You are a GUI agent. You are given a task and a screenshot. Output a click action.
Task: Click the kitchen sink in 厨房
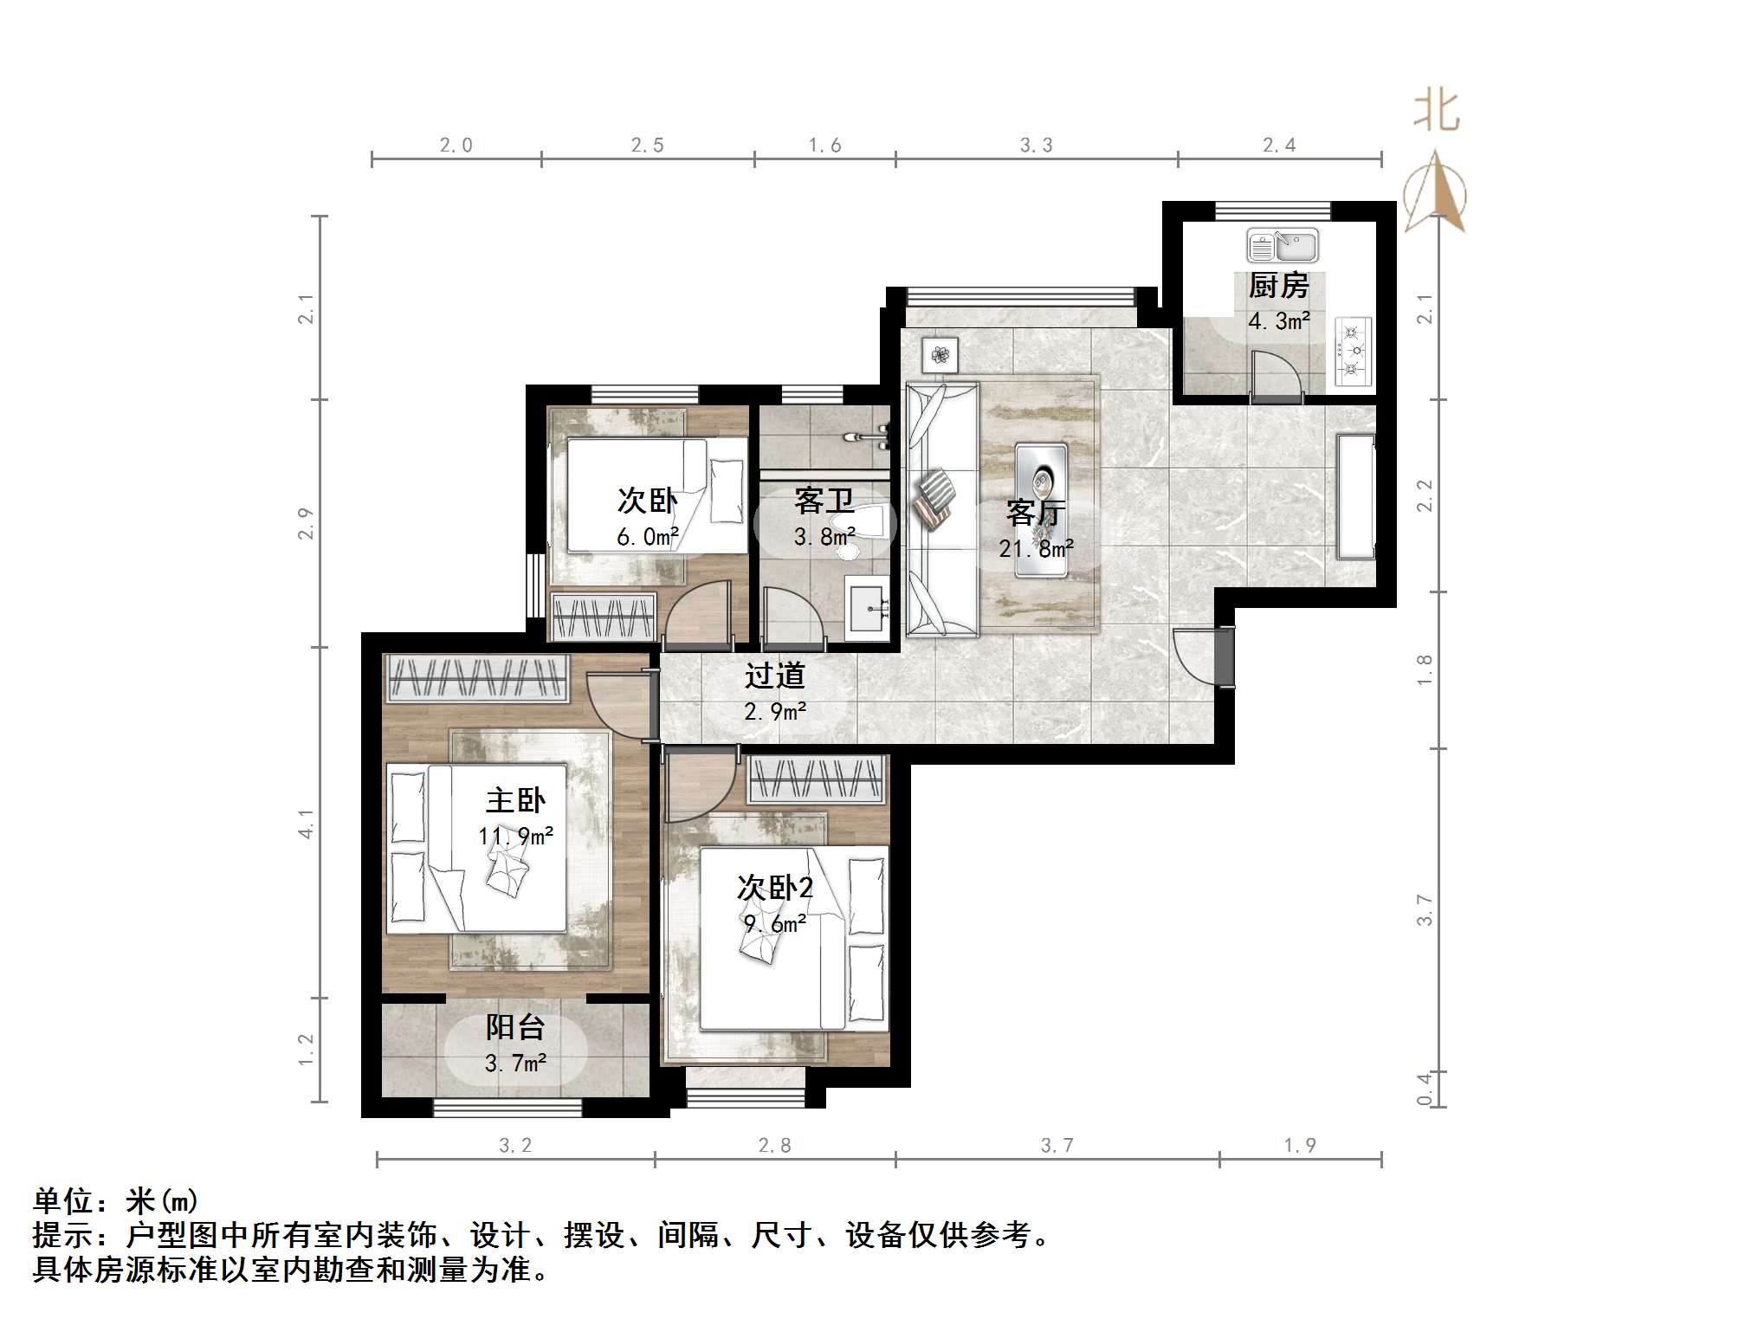1282,246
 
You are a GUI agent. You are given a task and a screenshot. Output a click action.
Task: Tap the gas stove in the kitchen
1354,352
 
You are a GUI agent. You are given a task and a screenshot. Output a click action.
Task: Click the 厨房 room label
1278,286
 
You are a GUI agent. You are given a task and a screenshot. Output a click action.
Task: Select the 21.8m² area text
1036,548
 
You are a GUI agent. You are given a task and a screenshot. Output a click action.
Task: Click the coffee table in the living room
1041,509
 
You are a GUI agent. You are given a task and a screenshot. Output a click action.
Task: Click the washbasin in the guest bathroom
867,606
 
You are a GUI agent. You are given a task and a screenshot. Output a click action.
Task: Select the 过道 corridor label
775,676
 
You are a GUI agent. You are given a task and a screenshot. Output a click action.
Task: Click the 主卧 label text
515,800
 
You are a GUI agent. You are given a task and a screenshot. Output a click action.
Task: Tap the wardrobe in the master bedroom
476,677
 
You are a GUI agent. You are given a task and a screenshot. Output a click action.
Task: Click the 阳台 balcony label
515,1028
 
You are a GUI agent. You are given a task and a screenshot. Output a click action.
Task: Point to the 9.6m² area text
775,924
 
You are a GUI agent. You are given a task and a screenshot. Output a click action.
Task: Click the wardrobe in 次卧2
816,779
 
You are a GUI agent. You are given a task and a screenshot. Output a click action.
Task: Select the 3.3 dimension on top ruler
1036,145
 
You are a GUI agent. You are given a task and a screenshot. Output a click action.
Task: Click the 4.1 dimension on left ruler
306,824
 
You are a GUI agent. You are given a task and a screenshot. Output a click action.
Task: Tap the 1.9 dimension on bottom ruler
1300,1146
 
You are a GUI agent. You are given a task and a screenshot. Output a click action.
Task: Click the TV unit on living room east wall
1356,497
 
